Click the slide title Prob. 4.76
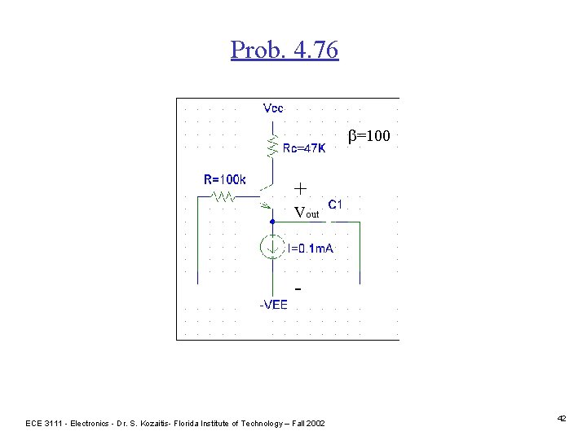[x=284, y=51]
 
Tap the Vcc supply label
[x=274, y=108]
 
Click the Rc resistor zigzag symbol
[x=272, y=146]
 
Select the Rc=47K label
[x=304, y=148]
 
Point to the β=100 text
[x=369, y=136]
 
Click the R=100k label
[x=225, y=179]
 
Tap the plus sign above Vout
[x=300, y=189]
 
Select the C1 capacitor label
[x=335, y=204]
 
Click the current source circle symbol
[x=272, y=246]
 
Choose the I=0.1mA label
[x=310, y=248]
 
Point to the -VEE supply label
[x=273, y=305]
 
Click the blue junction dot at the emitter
[x=272, y=220]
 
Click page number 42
[x=562, y=418]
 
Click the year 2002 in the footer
[x=313, y=423]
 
